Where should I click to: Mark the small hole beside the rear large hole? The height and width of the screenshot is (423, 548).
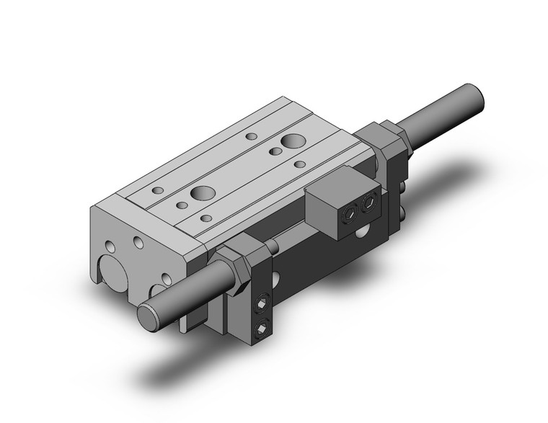[x=275, y=152]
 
